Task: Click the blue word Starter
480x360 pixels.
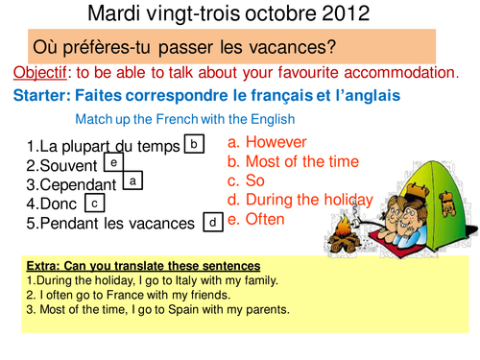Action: point(44,96)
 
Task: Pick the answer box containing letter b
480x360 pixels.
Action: point(194,144)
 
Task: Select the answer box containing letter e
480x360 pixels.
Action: point(113,163)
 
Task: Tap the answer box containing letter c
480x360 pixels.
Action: point(95,203)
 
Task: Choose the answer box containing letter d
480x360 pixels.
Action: point(211,222)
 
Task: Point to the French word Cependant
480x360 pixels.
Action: point(79,184)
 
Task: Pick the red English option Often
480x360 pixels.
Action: point(265,219)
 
